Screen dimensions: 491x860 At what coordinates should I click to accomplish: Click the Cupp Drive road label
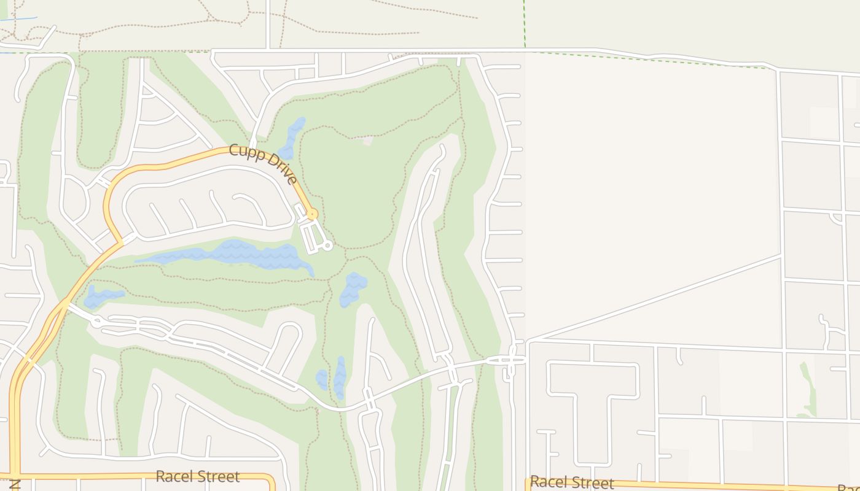[264, 163]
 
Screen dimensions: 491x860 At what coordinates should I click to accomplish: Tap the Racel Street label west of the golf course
[197, 476]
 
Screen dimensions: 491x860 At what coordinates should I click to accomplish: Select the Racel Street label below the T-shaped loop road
[572, 482]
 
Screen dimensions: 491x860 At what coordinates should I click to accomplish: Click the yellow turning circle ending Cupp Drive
[312, 214]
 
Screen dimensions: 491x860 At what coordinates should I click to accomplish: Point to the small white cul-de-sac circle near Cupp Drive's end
[327, 245]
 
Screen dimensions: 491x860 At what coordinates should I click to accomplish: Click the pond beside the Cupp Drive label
[292, 138]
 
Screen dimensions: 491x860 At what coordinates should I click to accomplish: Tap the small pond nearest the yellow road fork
[101, 297]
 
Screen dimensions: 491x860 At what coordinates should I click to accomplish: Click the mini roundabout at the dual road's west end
[96, 320]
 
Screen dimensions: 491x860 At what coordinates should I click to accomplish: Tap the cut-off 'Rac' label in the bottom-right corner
[848, 487]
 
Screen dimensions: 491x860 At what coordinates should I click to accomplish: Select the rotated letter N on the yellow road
[14, 485]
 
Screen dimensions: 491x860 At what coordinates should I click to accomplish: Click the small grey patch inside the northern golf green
[367, 141]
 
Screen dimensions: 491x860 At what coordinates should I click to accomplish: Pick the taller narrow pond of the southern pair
[340, 377]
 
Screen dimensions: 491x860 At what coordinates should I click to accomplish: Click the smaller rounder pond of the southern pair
[322, 379]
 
